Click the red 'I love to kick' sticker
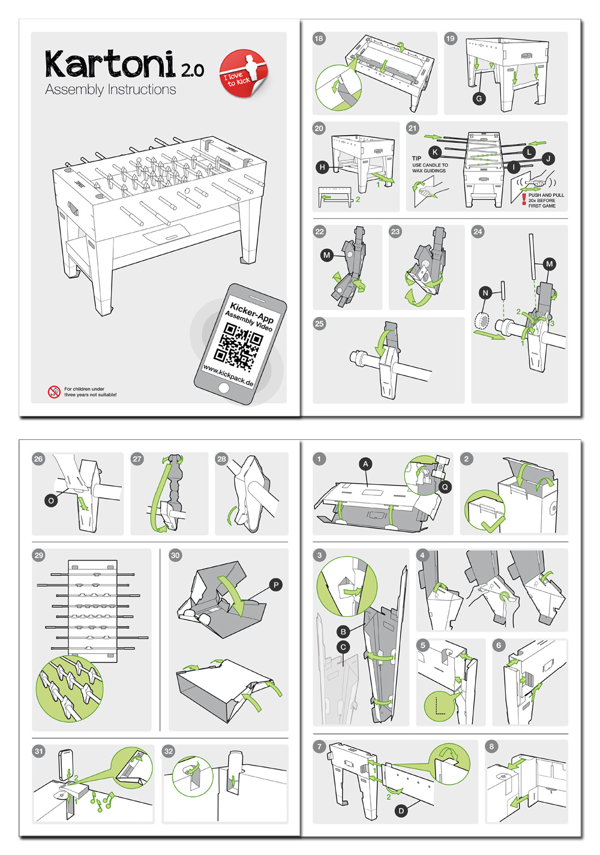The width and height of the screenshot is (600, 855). (244, 73)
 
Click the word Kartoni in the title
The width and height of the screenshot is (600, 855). (110, 65)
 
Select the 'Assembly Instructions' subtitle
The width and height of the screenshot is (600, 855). (110, 90)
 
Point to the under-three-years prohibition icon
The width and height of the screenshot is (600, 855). (54, 392)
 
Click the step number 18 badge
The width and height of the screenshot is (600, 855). (319, 38)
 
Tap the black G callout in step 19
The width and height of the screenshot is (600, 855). (479, 98)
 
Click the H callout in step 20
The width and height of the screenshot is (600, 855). (323, 167)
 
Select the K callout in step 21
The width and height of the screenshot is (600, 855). (435, 152)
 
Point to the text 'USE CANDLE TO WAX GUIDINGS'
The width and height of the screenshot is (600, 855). (430, 168)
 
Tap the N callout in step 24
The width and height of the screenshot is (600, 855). (486, 293)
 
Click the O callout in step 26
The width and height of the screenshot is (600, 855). (51, 500)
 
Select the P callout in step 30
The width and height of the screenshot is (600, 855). (275, 585)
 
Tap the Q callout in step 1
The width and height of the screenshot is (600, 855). (445, 487)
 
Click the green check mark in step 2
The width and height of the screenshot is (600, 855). (491, 526)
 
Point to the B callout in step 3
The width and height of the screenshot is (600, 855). (343, 632)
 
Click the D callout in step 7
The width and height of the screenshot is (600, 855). (401, 811)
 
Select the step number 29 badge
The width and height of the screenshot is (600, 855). (39, 555)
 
